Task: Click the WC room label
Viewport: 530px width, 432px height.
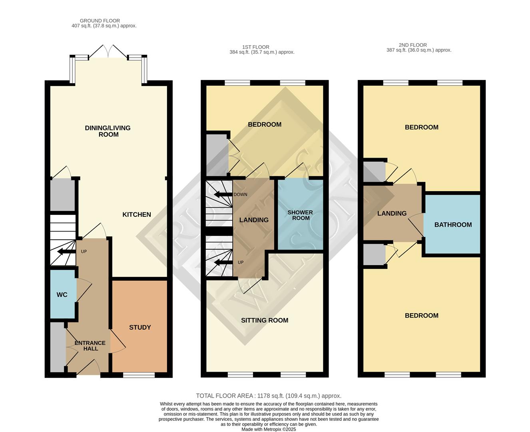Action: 62,295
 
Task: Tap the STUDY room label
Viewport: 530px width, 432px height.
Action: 140,327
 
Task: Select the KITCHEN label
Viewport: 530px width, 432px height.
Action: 137,215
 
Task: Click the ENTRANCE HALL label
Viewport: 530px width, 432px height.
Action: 90,346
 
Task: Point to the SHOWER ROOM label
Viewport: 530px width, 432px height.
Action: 300,215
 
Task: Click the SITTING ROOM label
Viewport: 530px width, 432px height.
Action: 265,320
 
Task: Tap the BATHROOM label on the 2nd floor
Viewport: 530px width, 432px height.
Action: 453,225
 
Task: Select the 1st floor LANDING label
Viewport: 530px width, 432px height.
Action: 254,220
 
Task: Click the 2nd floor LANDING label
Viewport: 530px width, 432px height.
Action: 392,214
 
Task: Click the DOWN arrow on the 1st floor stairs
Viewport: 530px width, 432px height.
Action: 223,195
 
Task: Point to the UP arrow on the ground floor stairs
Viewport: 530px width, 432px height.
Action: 66,252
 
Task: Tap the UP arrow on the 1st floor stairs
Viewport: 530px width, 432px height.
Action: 223,263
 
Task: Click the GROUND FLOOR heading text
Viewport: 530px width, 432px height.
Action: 100,21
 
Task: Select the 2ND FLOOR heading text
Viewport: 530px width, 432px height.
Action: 413,45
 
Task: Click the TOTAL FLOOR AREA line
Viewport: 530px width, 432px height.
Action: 269,396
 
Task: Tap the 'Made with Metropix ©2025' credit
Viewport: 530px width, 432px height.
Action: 269,429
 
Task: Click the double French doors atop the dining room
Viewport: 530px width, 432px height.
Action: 108,52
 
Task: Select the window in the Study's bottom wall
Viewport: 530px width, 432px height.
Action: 139,375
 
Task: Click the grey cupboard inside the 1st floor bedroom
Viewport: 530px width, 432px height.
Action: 216,154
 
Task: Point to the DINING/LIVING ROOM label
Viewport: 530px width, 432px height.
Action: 108,131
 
